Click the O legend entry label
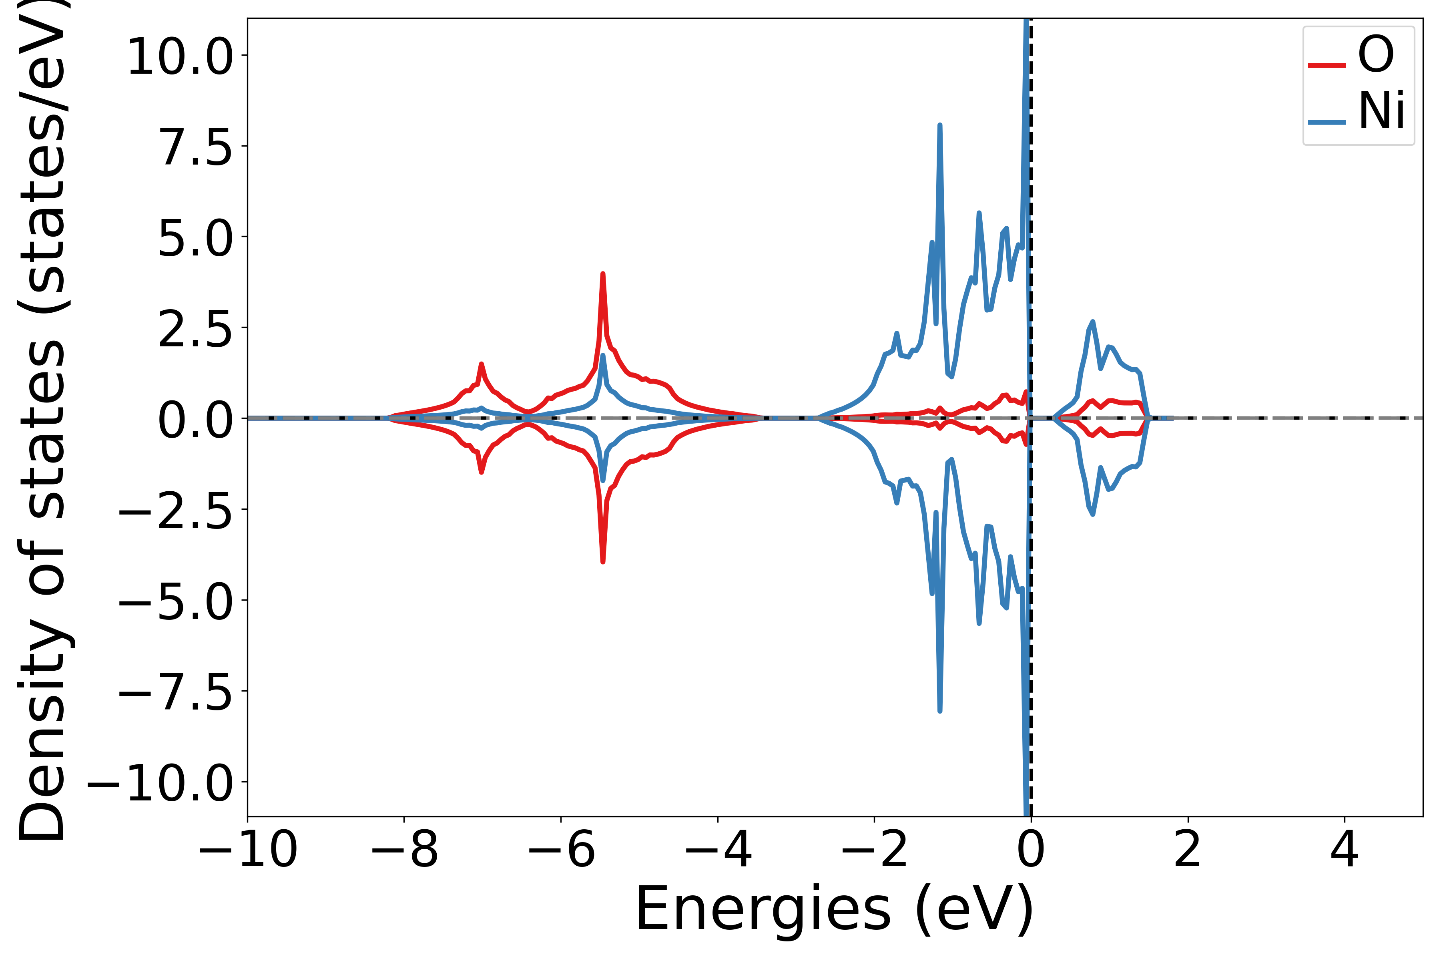(1376, 55)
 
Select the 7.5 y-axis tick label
(196, 147)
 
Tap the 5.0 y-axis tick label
(196, 238)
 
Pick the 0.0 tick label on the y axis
(196, 420)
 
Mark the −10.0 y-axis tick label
(161, 783)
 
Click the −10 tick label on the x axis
(247, 850)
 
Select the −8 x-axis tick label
(404, 850)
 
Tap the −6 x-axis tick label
(561, 850)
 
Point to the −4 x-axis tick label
(718, 850)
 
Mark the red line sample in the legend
(1327, 65)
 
